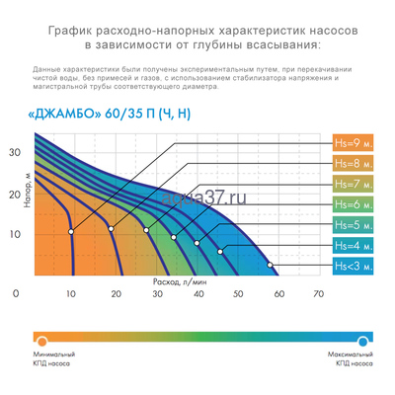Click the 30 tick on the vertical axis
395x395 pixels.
coord(15,153)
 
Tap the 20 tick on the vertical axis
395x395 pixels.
coord(15,194)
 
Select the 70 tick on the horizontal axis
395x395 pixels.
coord(318,294)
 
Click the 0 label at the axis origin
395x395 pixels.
coord(15,294)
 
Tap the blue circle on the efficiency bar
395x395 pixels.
coord(364,339)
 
